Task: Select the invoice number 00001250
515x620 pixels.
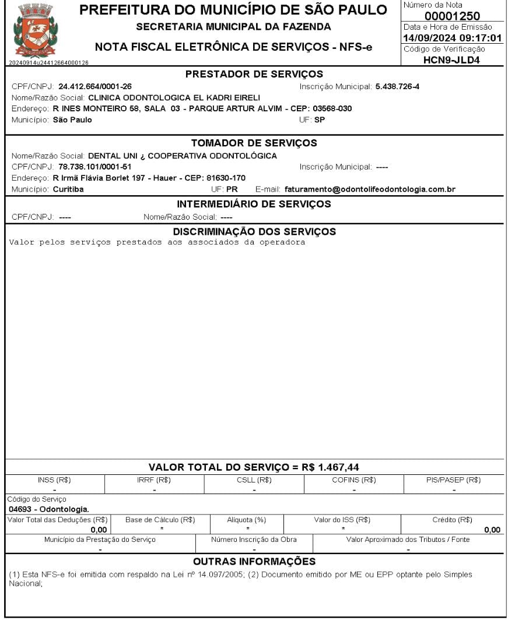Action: click(453, 16)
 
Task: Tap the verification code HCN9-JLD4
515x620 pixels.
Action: click(452, 59)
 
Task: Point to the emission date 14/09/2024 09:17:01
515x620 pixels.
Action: click(453, 38)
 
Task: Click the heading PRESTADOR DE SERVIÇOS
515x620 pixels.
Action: click(254, 74)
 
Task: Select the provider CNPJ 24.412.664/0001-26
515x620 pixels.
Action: click(95, 87)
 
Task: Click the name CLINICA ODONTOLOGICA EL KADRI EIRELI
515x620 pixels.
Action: click(174, 98)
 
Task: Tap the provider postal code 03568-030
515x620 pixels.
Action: click(332, 109)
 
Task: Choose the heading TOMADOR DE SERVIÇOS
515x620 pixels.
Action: click(254, 143)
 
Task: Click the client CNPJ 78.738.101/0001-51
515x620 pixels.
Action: click(95, 167)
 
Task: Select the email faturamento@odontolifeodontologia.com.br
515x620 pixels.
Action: click(370, 189)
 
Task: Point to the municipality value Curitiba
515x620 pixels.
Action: click(68, 189)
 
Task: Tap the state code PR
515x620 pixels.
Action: click(232, 189)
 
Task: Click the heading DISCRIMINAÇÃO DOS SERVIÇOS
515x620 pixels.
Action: click(254, 231)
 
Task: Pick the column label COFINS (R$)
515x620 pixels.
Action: click(354, 480)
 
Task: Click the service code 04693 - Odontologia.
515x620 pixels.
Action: click(48, 509)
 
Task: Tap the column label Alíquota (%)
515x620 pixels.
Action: click(246, 520)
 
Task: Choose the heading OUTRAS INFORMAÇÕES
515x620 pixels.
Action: click(254, 562)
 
